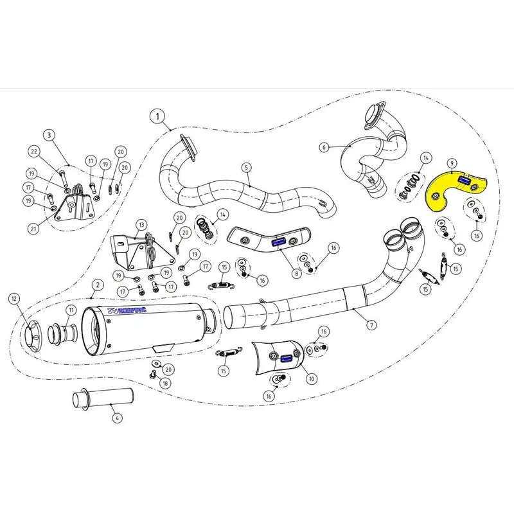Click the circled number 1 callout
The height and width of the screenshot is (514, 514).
pos(156,117)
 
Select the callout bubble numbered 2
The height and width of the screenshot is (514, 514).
pos(98,284)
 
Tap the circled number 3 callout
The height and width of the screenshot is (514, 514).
pos(48,135)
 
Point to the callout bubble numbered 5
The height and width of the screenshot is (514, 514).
pos(246,167)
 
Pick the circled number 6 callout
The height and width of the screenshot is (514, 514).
pos(324,147)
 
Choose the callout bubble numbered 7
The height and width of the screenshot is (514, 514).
pos(372,325)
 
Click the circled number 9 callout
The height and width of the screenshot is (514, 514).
pos(452,163)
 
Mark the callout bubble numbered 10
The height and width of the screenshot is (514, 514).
pos(311,379)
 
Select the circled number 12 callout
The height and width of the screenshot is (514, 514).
pos(14,297)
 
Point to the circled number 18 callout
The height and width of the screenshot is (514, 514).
pos(165,383)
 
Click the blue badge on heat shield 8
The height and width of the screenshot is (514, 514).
pos(279,243)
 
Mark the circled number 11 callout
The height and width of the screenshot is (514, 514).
pos(71,310)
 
